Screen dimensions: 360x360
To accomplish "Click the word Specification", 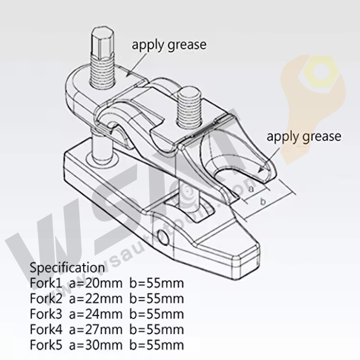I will click(67, 267).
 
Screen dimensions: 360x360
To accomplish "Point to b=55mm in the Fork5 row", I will click(156, 345).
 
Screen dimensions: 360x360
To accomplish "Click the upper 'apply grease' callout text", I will click(169, 45).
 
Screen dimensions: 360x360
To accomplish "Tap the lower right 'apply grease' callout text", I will click(304, 136).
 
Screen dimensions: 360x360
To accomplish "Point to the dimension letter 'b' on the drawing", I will click(263, 202).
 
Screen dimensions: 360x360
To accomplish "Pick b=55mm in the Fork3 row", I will click(156, 314).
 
